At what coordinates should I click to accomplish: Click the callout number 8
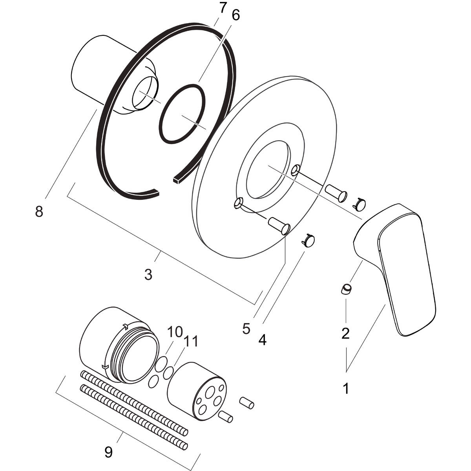coord(39,212)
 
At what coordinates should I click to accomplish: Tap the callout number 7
coord(223,8)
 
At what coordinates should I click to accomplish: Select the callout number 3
coord(148,275)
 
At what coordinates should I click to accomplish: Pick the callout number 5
coord(246,329)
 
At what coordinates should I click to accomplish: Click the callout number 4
coord(262,339)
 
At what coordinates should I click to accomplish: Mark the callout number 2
coord(345,333)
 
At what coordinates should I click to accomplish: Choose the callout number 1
coord(346,389)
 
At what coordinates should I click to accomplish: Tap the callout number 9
coord(108,452)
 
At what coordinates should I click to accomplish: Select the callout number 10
coord(175,332)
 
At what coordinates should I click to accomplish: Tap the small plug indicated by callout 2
coord(346,289)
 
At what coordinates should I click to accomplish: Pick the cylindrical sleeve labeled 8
coord(94,67)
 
